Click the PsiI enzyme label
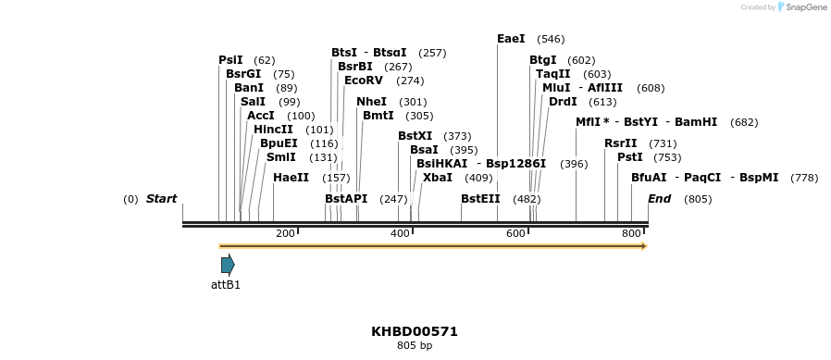[230, 60]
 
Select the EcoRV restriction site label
[363, 81]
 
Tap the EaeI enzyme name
[511, 39]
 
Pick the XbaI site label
[438, 178]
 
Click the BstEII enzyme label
[480, 199]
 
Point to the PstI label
[629, 157]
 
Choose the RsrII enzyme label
[620, 143]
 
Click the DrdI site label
[563, 102]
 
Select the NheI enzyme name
[371, 102]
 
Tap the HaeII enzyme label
[291, 178]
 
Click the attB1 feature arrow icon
[228, 265]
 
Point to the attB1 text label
[226, 285]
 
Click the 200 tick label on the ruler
[285, 234]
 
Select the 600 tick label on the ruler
[515, 234]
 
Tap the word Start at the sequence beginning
[161, 199]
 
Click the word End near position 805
[659, 199]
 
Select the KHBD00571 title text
[415, 331]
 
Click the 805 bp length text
[415, 346]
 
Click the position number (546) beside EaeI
[551, 39]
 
